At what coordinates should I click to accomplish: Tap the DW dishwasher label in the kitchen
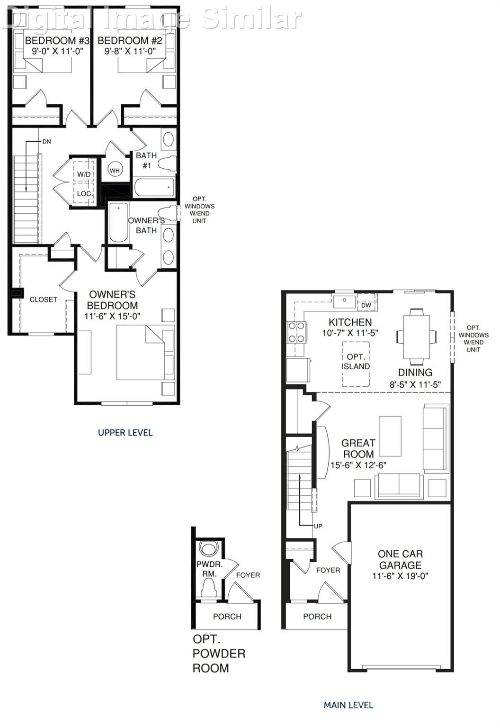tap(366, 306)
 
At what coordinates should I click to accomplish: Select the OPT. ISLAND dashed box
tap(356, 363)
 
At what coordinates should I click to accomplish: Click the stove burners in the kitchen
tap(296, 332)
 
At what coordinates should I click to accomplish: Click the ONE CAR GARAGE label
tap(400, 560)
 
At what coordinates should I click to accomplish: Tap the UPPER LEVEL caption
tap(125, 432)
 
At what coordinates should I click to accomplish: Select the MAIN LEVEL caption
tap(348, 705)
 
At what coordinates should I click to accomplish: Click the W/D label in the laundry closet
tap(84, 174)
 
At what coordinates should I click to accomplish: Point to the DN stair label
tap(46, 142)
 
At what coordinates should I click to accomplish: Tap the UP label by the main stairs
tap(318, 526)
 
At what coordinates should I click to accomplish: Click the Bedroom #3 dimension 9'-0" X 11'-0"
tap(54, 51)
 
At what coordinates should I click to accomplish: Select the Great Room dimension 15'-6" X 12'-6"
tap(358, 465)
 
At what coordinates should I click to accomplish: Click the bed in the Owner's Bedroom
tap(142, 352)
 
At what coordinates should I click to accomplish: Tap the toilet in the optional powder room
tap(208, 589)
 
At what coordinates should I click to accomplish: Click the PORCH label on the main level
tap(317, 616)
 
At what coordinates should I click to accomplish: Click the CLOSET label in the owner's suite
tap(43, 300)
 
